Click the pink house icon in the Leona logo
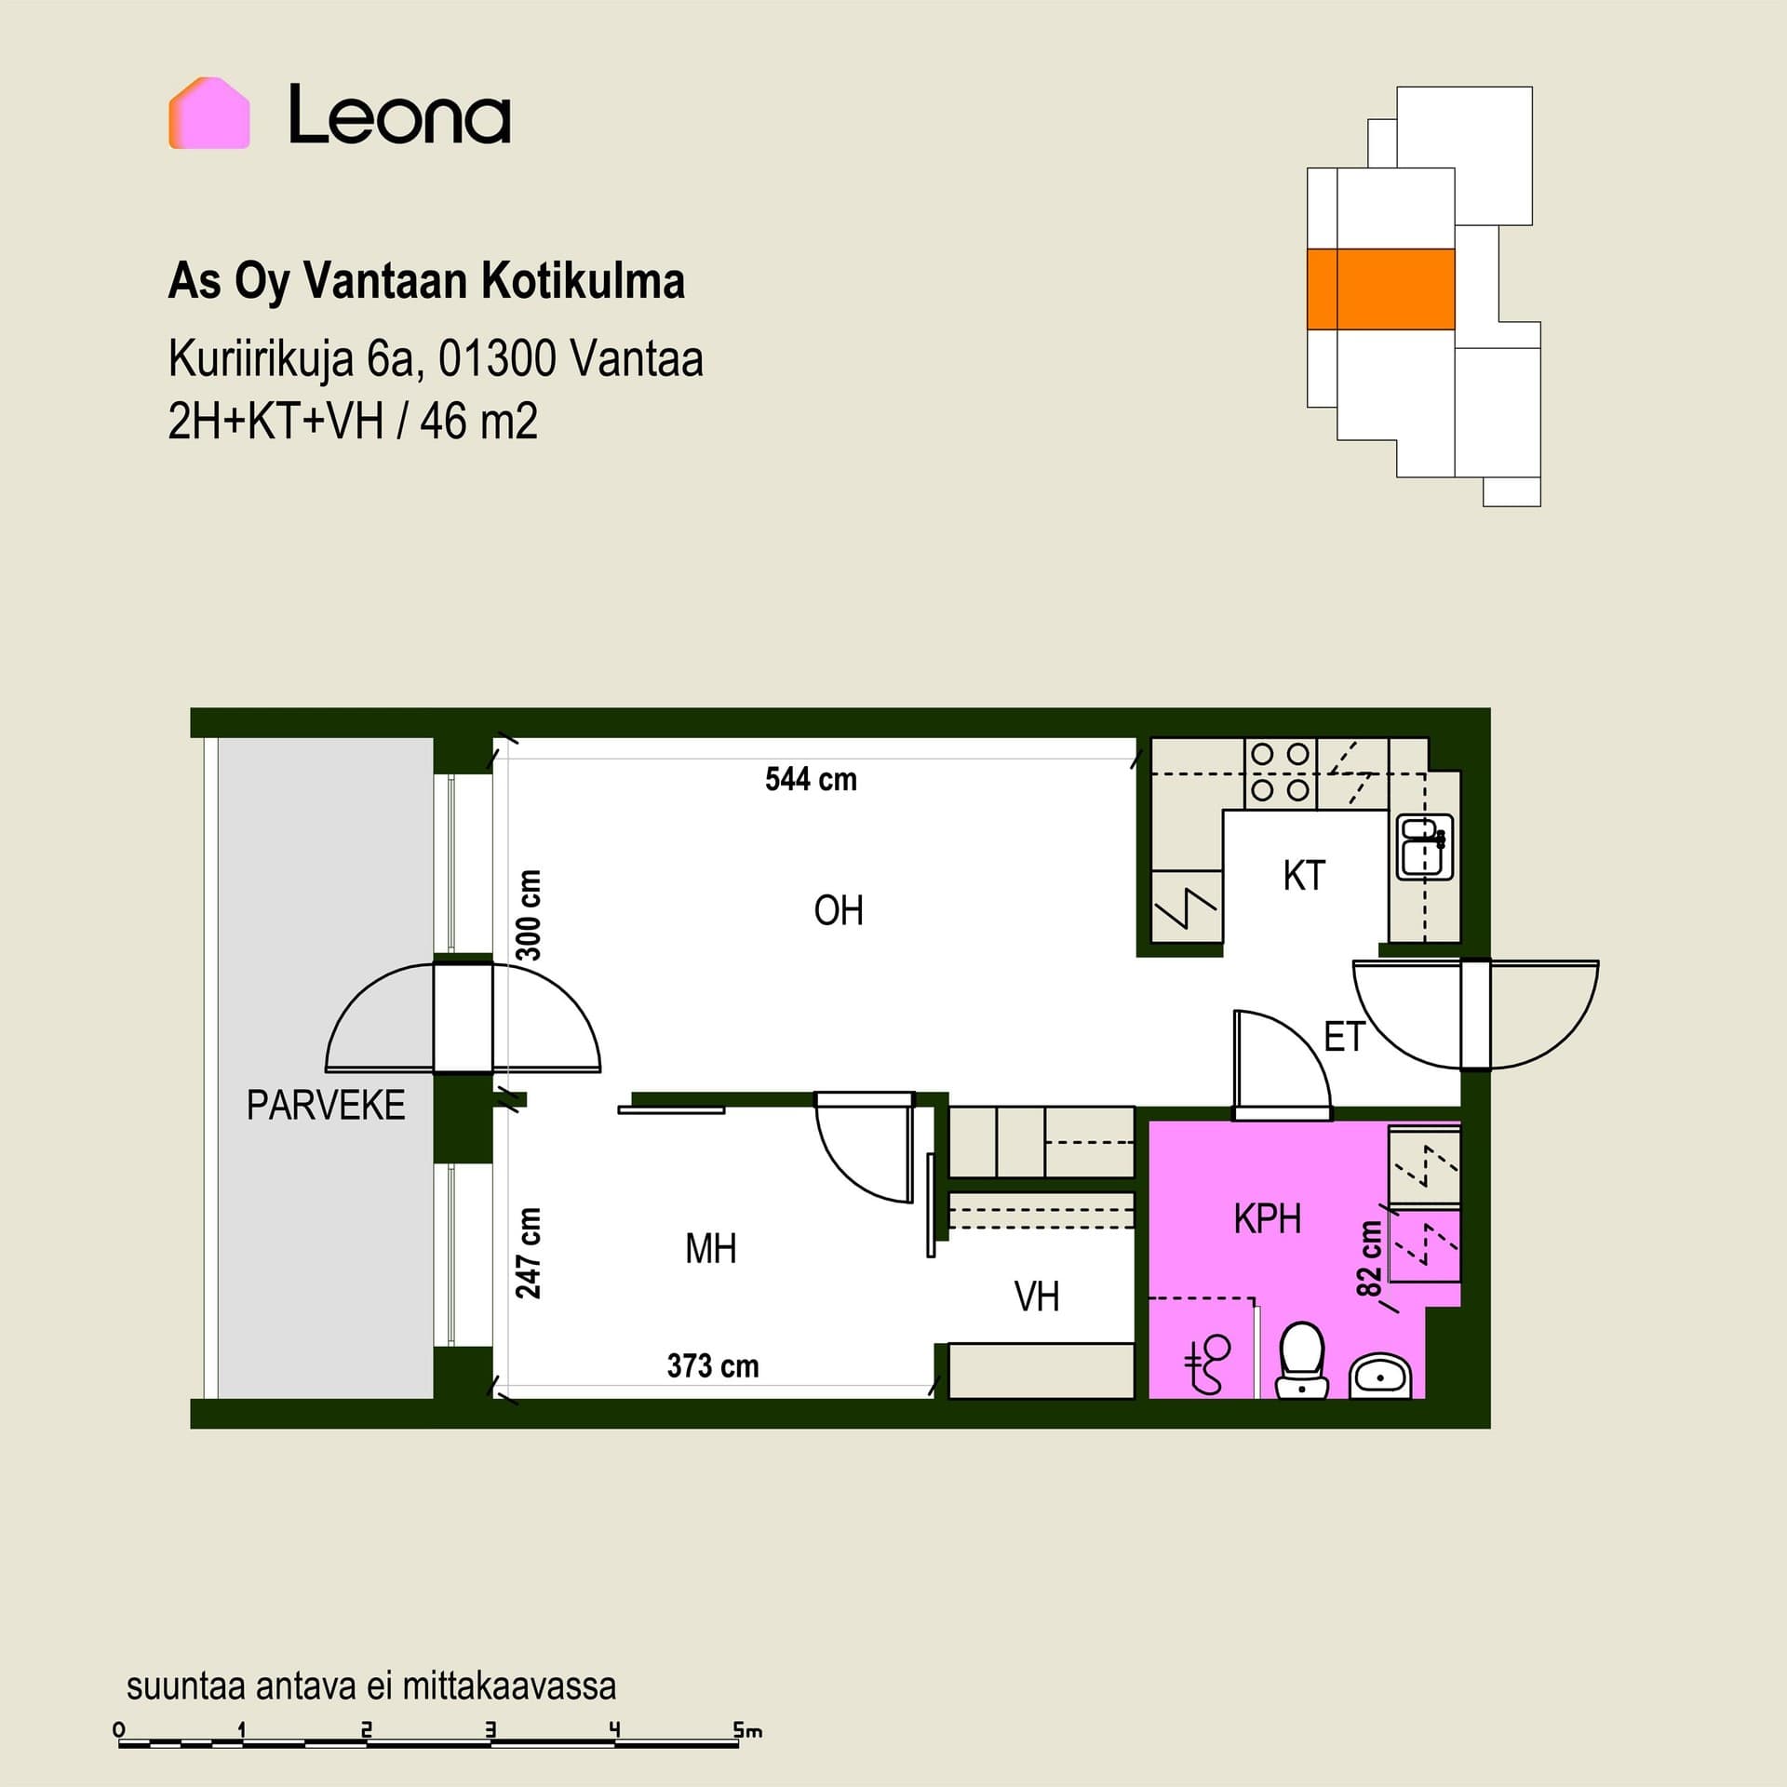pyautogui.click(x=209, y=113)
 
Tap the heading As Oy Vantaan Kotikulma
pyautogui.click(x=426, y=281)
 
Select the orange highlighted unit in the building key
pyautogui.click(x=1380, y=289)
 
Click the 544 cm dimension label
pyautogui.click(x=811, y=779)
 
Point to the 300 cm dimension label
pyautogui.click(x=528, y=915)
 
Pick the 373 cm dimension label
pyautogui.click(x=713, y=1365)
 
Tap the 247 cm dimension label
pyautogui.click(x=528, y=1253)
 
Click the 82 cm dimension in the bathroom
pyautogui.click(x=1369, y=1258)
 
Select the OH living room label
pyautogui.click(x=839, y=910)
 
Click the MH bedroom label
pyautogui.click(x=711, y=1248)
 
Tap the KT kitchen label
pyautogui.click(x=1304, y=876)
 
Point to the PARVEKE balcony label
pyautogui.click(x=326, y=1105)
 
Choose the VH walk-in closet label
pyautogui.click(x=1037, y=1297)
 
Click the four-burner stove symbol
pyautogui.click(x=1281, y=773)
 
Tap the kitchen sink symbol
pyautogui.click(x=1425, y=847)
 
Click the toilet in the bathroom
pyautogui.click(x=1302, y=1360)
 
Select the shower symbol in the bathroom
pyautogui.click(x=1207, y=1364)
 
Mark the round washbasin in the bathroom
pyautogui.click(x=1381, y=1375)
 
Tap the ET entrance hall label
pyautogui.click(x=1344, y=1037)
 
